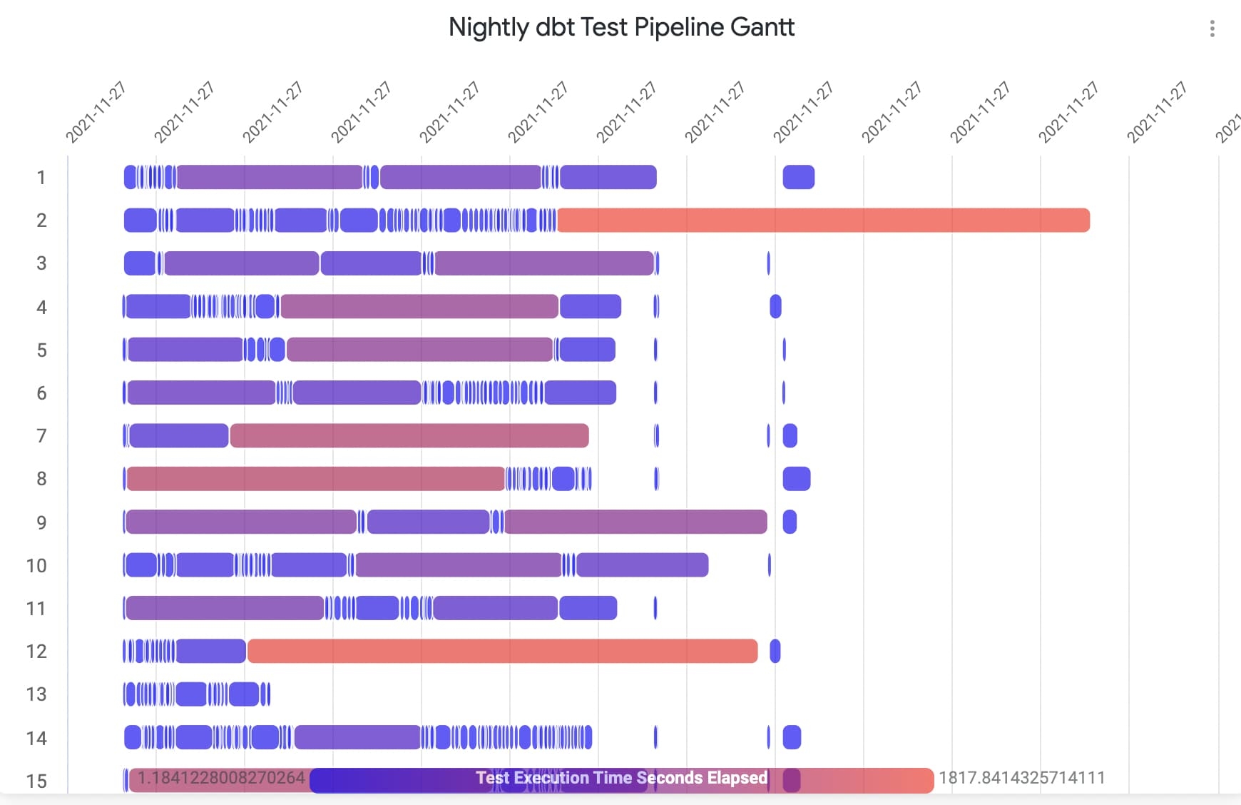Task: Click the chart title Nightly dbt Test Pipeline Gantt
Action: (x=620, y=27)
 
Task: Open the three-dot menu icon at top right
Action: (x=1212, y=29)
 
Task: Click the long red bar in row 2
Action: (x=823, y=220)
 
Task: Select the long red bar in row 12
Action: (x=502, y=651)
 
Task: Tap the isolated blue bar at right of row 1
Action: (x=798, y=177)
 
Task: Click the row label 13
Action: (x=36, y=694)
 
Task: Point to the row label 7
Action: (x=41, y=436)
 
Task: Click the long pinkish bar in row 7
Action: (x=409, y=435)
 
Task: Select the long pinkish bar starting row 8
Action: (x=315, y=478)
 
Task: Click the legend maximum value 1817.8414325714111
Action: (x=1021, y=778)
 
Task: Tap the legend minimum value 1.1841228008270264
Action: (x=221, y=778)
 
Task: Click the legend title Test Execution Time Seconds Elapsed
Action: (x=621, y=778)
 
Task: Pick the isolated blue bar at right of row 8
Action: (x=797, y=478)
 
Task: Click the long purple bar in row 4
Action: (x=419, y=306)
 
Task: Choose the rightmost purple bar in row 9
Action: (x=635, y=522)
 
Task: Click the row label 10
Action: (x=36, y=566)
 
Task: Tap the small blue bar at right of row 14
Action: (x=792, y=737)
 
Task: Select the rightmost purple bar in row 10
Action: (x=642, y=564)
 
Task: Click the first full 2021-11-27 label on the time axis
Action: (x=96, y=112)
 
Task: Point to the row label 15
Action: (x=36, y=781)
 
